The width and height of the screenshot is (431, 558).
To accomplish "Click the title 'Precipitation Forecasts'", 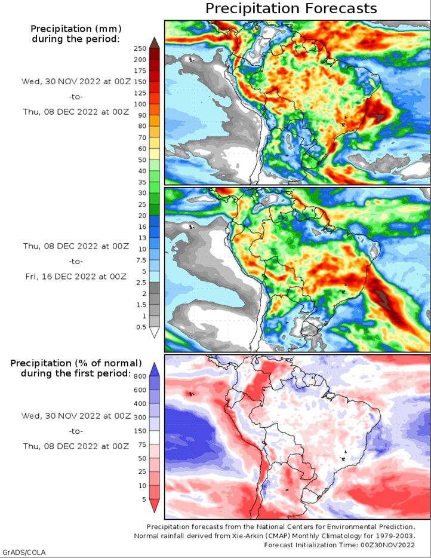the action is pyautogui.click(x=291, y=8).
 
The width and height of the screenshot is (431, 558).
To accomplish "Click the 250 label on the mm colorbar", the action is pyautogui.click(x=140, y=48).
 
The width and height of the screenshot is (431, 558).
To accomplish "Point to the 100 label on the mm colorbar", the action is pyautogui.click(x=140, y=105).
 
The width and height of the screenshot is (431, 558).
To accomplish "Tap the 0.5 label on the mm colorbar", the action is pyautogui.click(x=141, y=327).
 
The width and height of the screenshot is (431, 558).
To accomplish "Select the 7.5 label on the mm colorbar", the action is pyautogui.click(x=141, y=260).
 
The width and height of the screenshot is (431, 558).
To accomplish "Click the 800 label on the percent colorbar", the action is pyautogui.click(x=140, y=376).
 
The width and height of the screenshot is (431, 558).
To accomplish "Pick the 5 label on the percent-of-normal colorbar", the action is pyautogui.click(x=144, y=499).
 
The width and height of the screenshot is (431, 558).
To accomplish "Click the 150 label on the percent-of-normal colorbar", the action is pyautogui.click(x=140, y=431).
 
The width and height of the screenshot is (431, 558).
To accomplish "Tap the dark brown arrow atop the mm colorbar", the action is pyautogui.click(x=155, y=42).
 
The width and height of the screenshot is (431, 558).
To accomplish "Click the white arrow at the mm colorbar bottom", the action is pyautogui.click(x=155, y=332).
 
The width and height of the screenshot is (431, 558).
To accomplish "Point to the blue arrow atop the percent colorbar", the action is pyautogui.click(x=155, y=369).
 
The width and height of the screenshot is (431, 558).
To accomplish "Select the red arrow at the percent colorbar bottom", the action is pyautogui.click(x=155, y=505).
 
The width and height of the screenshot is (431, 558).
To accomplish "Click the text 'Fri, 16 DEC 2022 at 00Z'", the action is pyautogui.click(x=76, y=277).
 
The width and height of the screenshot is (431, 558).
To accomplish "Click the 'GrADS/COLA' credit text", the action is pyautogui.click(x=24, y=552).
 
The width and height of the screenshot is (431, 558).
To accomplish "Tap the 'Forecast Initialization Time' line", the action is pyautogui.click(x=339, y=545).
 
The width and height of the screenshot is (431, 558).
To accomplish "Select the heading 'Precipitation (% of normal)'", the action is pyautogui.click(x=76, y=363).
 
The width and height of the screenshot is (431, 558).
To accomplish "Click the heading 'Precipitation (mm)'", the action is pyautogui.click(x=76, y=29).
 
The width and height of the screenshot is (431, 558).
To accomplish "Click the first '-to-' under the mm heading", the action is pyautogui.click(x=76, y=97).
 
